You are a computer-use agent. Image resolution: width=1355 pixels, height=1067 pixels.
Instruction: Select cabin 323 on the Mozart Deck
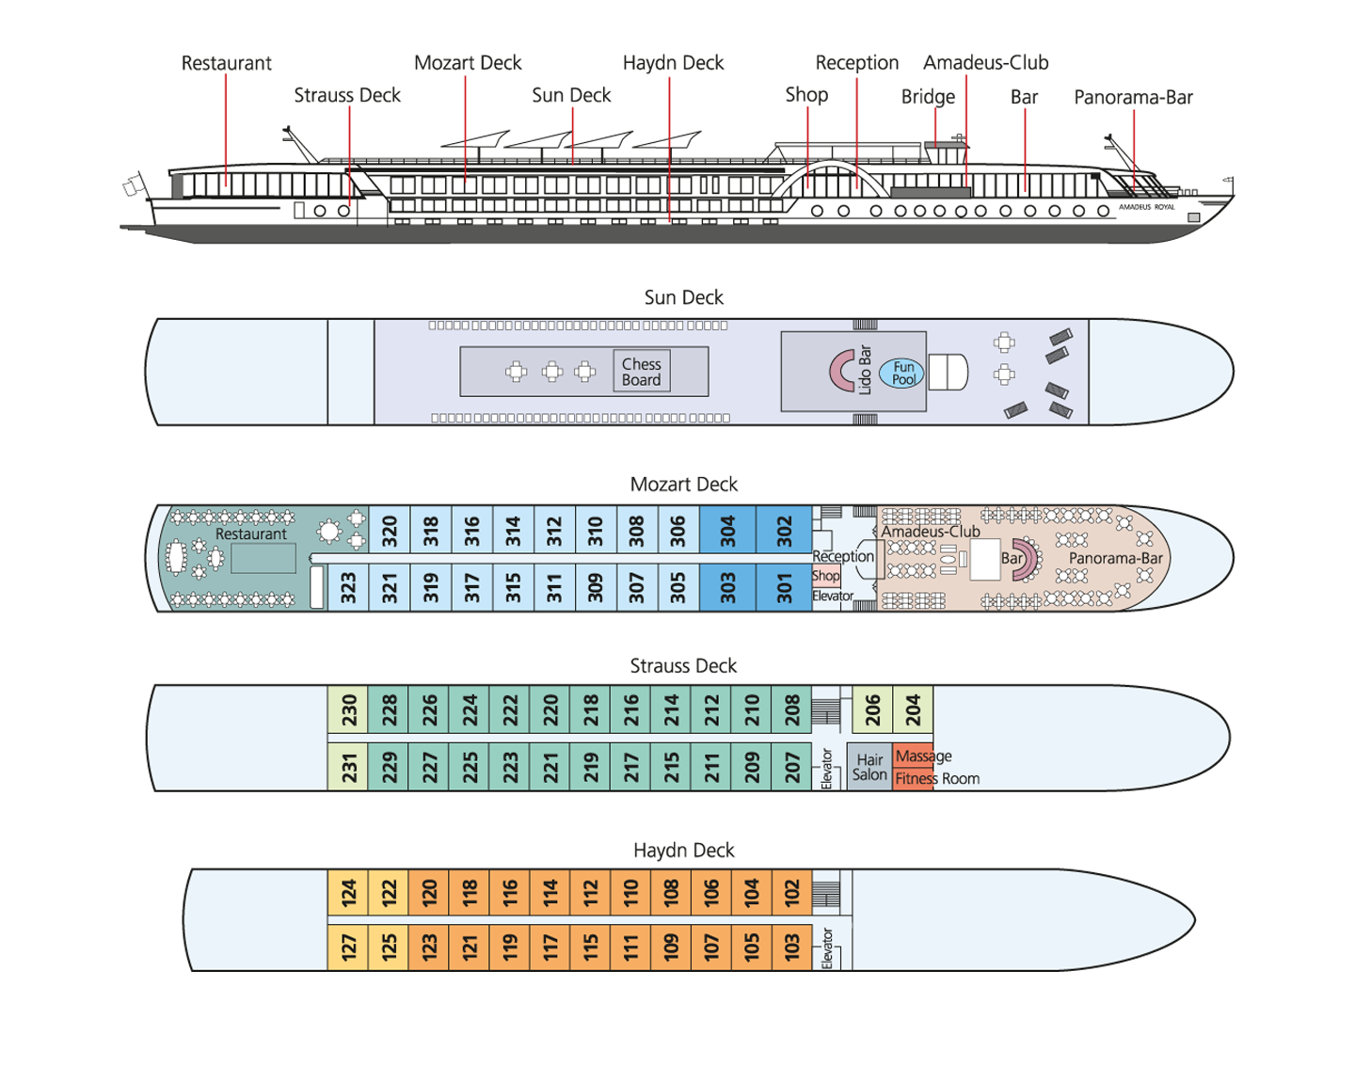pos(348,587)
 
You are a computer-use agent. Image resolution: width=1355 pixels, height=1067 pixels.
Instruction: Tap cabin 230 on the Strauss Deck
pos(348,709)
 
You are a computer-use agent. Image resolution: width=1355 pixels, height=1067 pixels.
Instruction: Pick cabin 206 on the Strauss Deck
pos(872,709)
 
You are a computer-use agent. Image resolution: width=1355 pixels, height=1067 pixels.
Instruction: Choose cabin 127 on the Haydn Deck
pos(348,947)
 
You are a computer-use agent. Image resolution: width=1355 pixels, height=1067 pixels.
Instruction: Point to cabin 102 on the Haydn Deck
pos(791,892)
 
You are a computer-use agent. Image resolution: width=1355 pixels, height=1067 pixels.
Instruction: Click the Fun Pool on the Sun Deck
pos(901,373)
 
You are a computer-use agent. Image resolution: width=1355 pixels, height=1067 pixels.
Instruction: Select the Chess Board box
pos(642,371)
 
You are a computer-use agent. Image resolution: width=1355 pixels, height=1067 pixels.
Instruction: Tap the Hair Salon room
pos(869,767)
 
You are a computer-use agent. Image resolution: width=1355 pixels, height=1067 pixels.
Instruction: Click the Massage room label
pos(923,756)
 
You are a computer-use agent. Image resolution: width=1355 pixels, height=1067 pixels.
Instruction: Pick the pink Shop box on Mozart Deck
pos(825,575)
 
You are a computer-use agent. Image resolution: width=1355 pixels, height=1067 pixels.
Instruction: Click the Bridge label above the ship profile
pos(928,96)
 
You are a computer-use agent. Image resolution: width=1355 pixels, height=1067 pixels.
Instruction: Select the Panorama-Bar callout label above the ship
pos(1133,97)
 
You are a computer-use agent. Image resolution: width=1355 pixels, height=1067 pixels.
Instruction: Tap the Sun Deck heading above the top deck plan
pos(684,296)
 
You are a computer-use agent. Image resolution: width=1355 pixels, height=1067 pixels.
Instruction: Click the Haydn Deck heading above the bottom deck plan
pos(684,850)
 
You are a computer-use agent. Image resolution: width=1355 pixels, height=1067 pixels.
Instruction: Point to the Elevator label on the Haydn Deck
pos(827,948)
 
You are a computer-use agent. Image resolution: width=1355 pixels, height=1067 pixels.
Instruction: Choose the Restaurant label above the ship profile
pos(226,63)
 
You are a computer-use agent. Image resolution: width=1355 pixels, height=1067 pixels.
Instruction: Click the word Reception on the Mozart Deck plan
pos(843,556)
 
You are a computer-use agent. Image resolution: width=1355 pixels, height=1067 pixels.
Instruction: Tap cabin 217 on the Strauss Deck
pos(630,767)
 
